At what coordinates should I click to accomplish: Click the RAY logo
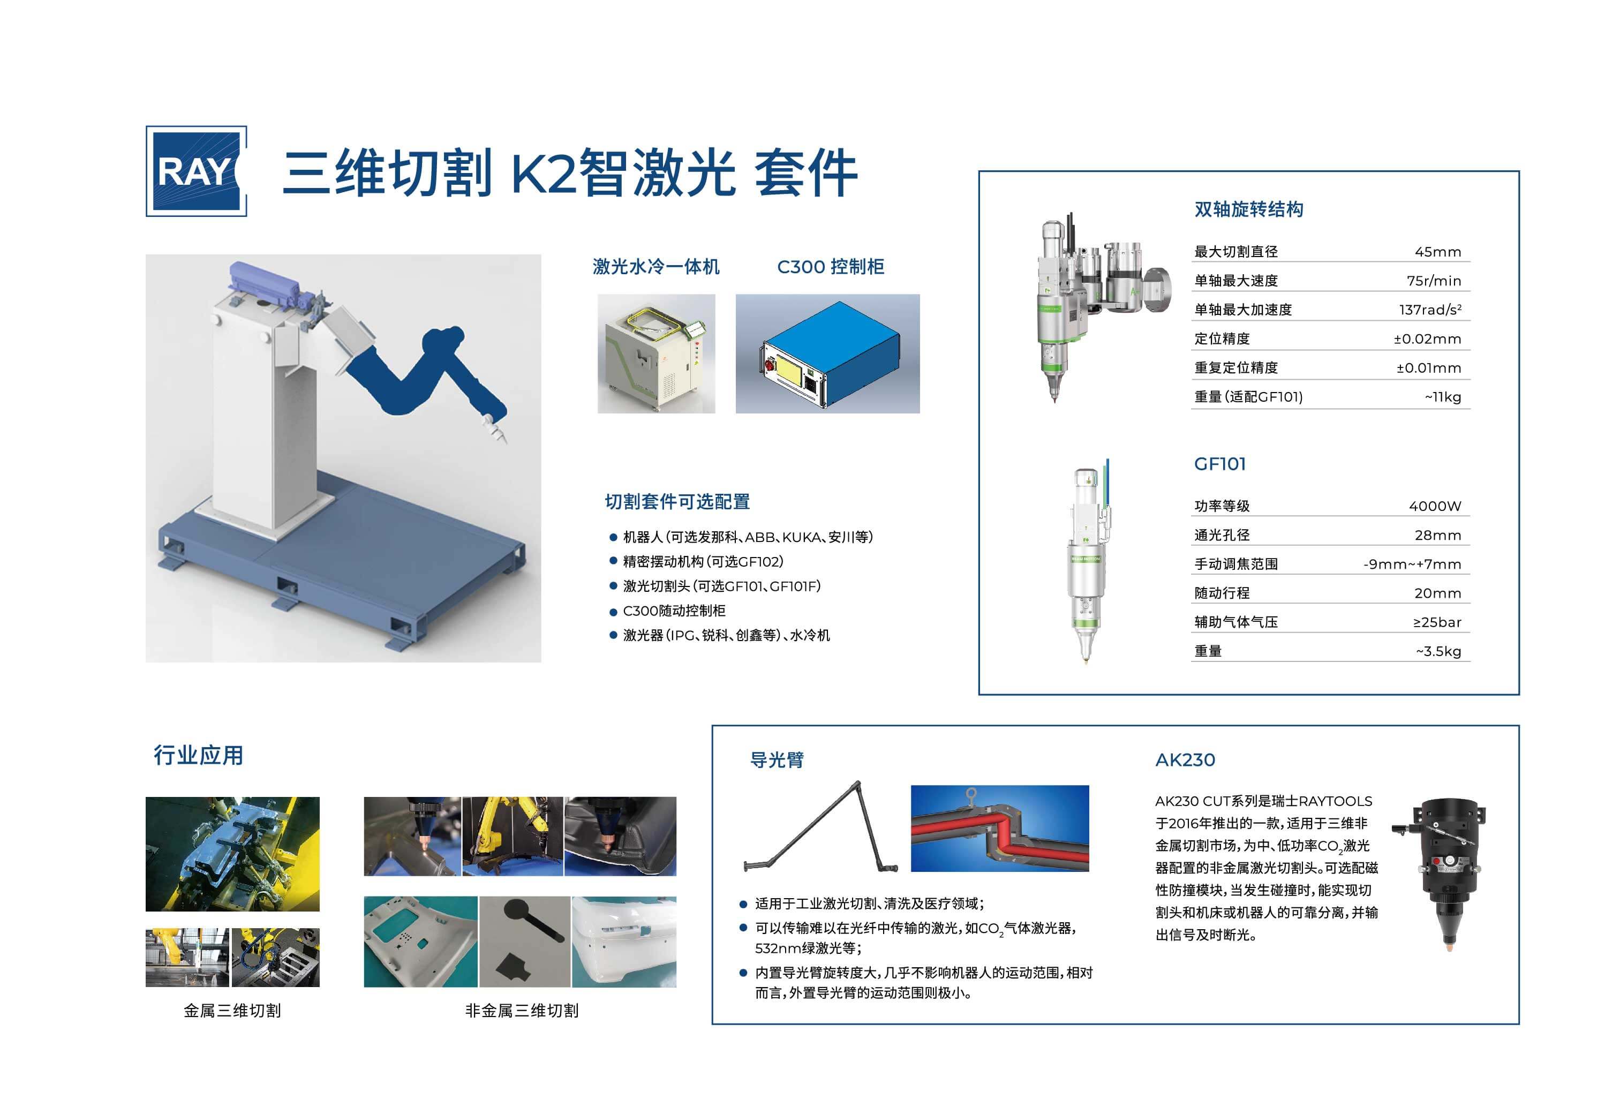point(195,171)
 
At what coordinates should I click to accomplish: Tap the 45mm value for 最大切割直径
point(1437,252)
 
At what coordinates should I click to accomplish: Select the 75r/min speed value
point(1433,281)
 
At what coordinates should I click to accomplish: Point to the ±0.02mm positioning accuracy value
point(1427,339)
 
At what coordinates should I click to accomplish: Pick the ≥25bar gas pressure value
point(1436,622)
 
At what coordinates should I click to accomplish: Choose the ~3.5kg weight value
point(1438,651)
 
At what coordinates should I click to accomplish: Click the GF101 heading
point(1219,464)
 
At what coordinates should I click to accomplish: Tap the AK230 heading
point(1185,760)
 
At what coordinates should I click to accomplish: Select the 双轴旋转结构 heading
point(1248,209)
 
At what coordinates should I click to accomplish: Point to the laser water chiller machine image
point(655,354)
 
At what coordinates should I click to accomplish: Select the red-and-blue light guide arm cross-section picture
point(999,829)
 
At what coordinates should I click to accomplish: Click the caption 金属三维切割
point(232,1011)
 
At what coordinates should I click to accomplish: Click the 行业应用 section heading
point(198,755)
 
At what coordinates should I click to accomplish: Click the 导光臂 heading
point(776,760)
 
